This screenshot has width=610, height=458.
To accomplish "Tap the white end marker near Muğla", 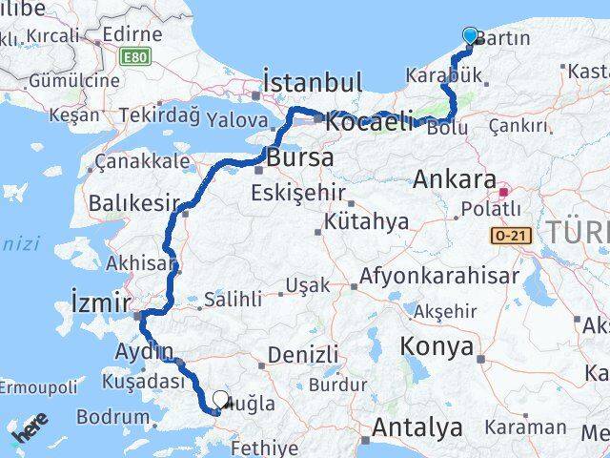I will pyautogui.click(x=221, y=401).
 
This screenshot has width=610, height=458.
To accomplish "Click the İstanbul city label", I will pyautogui.click(x=298, y=81).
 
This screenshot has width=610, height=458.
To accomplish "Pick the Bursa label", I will pyautogui.click(x=300, y=156).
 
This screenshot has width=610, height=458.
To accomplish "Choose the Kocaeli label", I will pyautogui.click(x=370, y=122).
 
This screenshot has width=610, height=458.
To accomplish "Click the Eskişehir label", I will pyautogui.click(x=297, y=193).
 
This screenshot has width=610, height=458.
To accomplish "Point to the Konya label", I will pyautogui.click(x=437, y=345).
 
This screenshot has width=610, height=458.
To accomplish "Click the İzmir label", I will pyautogui.click(x=100, y=303).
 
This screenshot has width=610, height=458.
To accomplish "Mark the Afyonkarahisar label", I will pyautogui.click(x=439, y=277).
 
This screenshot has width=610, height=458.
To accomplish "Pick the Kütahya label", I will pyautogui.click(x=366, y=222).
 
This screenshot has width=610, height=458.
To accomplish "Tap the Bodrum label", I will pyautogui.click(x=113, y=416).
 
